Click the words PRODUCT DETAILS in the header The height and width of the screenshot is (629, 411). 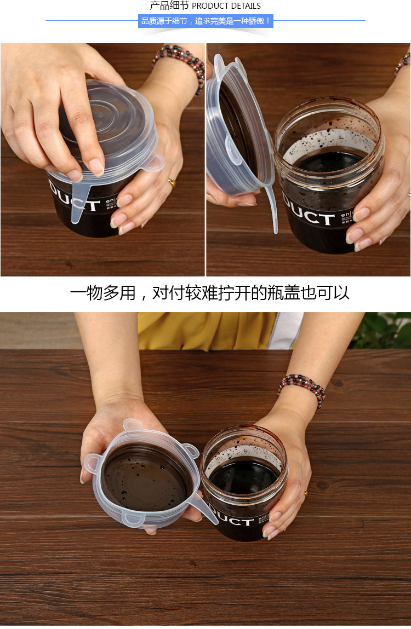coord(226,6)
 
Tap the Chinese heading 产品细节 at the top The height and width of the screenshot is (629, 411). coord(170,6)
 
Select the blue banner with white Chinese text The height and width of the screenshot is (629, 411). coord(206,21)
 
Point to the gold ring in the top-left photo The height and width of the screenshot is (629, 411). coord(172,182)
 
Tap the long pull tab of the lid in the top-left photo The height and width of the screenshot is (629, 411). coord(79,197)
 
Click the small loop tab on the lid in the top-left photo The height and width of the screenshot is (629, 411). coord(154,162)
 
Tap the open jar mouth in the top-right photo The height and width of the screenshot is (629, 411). coord(329,142)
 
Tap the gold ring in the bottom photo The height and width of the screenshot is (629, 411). coord(305,493)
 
